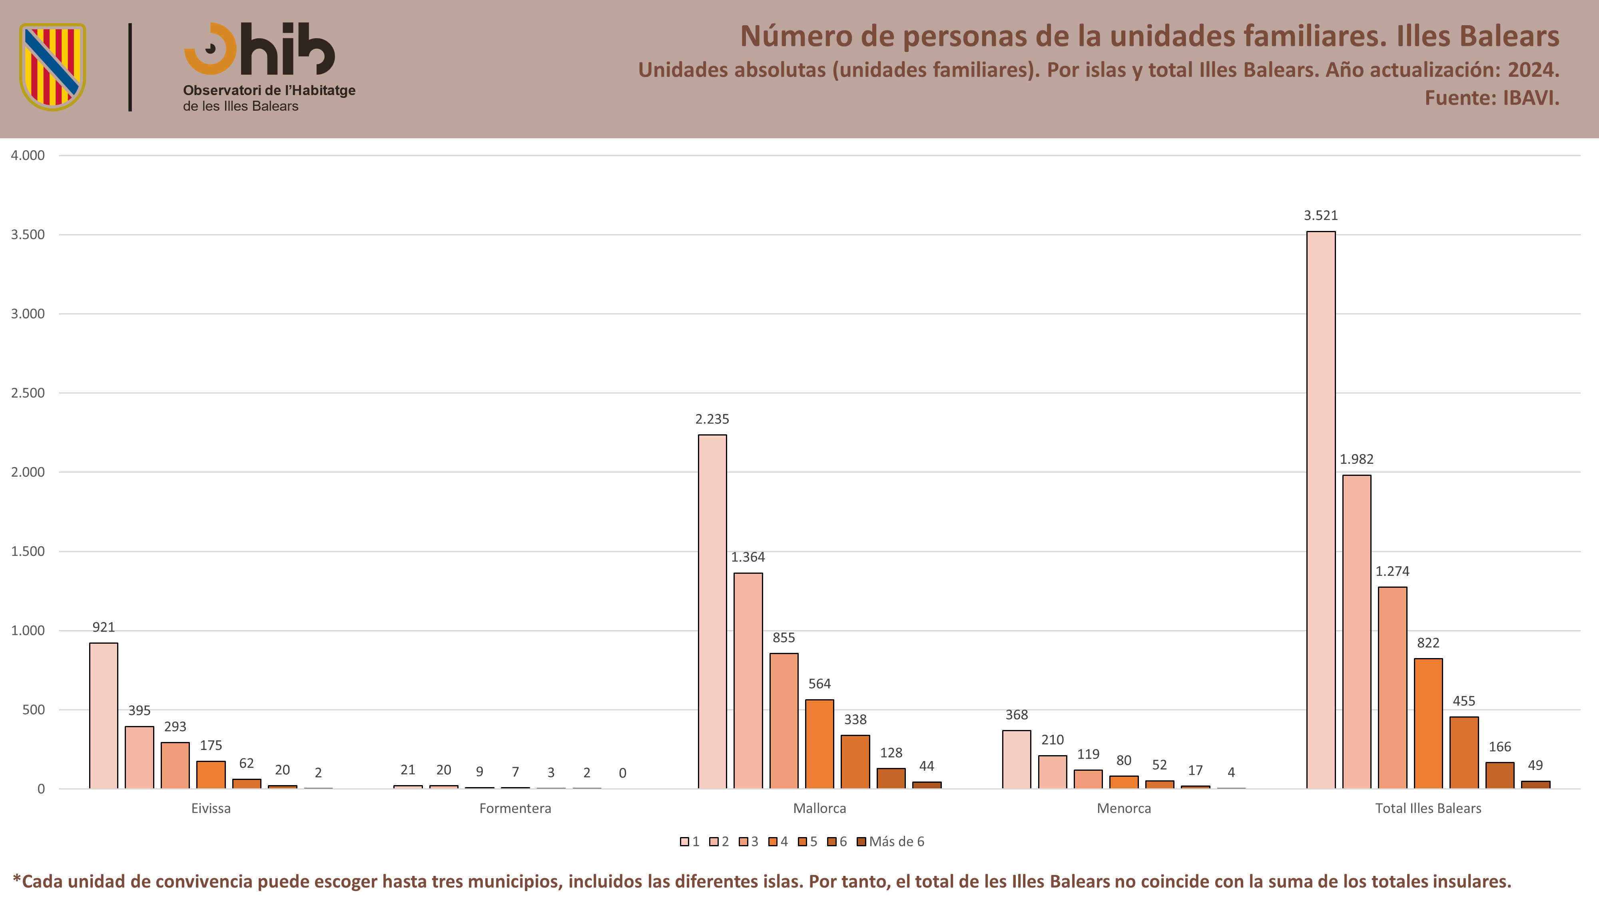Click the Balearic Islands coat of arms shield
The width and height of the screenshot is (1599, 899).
coord(53,67)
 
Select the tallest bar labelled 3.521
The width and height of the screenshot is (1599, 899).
coord(1321,510)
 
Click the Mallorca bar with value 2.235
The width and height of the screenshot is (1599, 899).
coord(712,612)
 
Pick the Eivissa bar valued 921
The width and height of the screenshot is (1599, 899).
coord(104,716)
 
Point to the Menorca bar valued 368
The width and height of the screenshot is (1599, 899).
coord(1016,760)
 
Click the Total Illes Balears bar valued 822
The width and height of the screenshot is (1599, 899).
coord(1428,724)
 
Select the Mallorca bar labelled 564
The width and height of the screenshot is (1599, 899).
coord(819,744)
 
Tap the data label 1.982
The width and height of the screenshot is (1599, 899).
coord(1356,459)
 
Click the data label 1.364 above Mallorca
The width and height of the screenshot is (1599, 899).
coord(748,557)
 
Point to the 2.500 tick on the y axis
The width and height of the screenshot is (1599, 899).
coord(28,393)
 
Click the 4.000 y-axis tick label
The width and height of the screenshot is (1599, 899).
coord(28,155)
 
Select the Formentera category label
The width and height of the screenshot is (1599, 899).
coord(515,808)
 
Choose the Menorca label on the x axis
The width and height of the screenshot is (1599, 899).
coord(1124,808)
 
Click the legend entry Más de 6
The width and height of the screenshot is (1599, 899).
coord(891,841)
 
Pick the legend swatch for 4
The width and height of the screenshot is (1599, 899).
coord(773,842)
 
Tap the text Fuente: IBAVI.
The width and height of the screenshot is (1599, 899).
coord(1491,98)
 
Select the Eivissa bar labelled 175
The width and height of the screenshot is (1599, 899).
coord(211,775)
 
